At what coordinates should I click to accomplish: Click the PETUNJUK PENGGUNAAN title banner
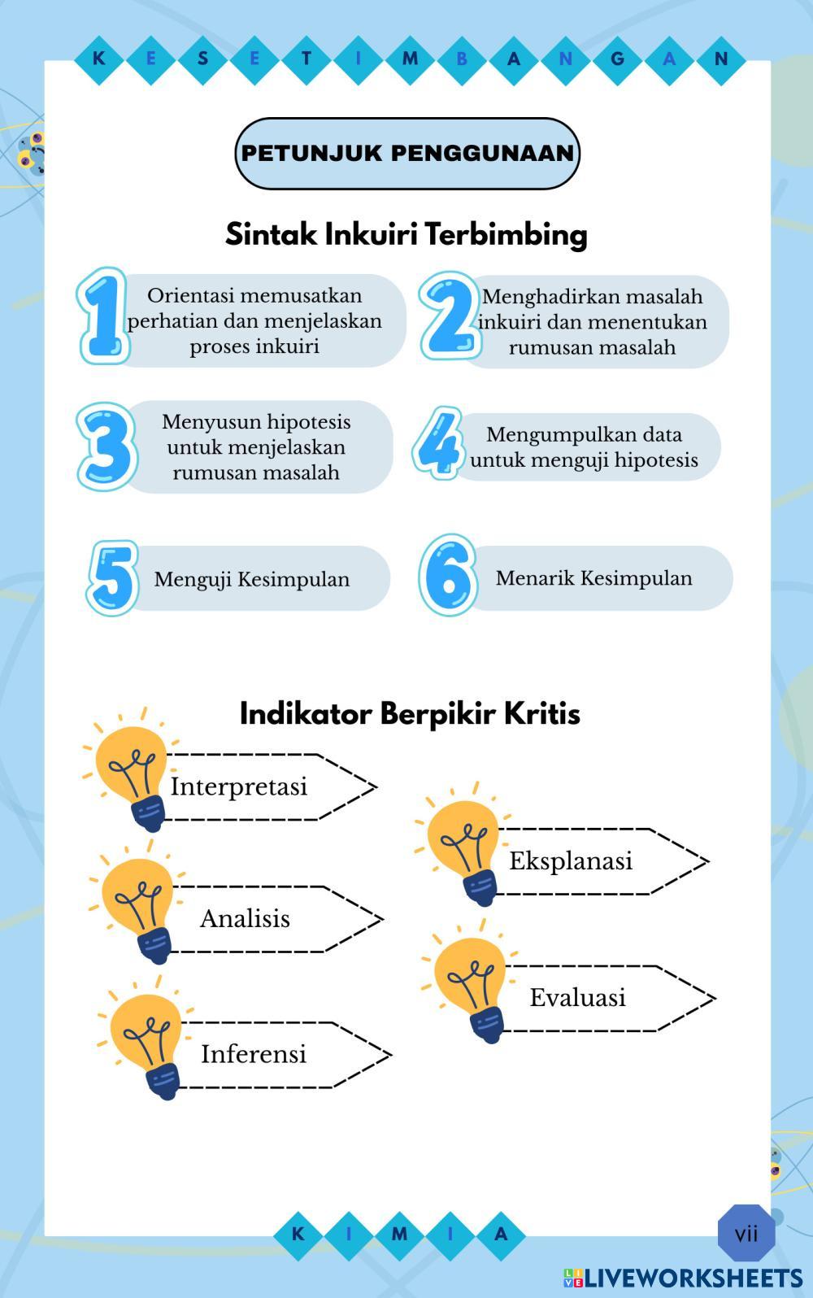pyautogui.click(x=406, y=153)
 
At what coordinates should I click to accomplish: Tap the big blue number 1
pyautogui.click(x=103, y=316)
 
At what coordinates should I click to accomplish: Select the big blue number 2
pyautogui.click(x=448, y=316)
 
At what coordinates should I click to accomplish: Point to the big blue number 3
pyautogui.click(x=107, y=446)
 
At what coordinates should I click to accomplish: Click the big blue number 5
pyautogui.click(x=113, y=577)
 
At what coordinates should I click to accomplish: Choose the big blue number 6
pyautogui.click(x=448, y=575)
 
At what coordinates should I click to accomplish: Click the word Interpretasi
pyautogui.click(x=238, y=786)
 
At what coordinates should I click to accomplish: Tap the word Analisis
pyautogui.click(x=245, y=918)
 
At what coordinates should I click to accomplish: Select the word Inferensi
pyautogui.click(x=254, y=1054)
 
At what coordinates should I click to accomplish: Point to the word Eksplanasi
pyautogui.click(x=571, y=860)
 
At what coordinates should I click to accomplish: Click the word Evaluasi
pyautogui.click(x=578, y=997)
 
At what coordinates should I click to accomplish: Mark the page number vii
pyautogui.click(x=746, y=1234)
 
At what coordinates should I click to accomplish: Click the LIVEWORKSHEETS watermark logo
pyautogui.click(x=683, y=1277)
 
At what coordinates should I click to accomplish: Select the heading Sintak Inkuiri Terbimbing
pyautogui.click(x=406, y=234)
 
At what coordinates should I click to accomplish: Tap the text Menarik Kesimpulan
pyautogui.click(x=593, y=578)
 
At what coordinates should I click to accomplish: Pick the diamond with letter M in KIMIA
pyautogui.click(x=399, y=1234)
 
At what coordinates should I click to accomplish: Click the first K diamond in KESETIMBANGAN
pyautogui.click(x=99, y=59)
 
